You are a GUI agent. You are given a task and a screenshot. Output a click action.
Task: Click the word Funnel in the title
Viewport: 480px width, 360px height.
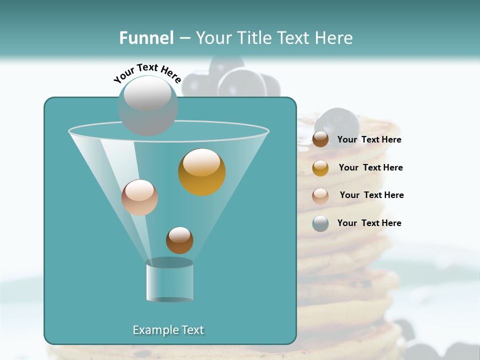pos(146,38)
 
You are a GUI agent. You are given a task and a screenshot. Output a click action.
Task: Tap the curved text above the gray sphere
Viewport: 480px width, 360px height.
pos(147,73)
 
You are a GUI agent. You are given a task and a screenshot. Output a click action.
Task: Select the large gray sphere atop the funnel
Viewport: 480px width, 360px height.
pos(147,105)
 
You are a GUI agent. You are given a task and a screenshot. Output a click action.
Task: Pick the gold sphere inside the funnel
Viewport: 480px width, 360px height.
pos(201,172)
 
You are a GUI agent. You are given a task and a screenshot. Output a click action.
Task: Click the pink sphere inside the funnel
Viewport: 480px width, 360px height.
pos(139,197)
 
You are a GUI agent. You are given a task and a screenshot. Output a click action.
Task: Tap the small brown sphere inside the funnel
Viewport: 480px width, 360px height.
pos(179,240)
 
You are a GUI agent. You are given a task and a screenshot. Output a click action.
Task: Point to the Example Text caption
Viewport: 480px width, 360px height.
pos(168,330)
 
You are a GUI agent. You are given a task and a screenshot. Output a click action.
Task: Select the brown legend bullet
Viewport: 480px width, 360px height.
pos(320,139)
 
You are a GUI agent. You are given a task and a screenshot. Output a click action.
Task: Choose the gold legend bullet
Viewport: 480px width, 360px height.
pos(320,168)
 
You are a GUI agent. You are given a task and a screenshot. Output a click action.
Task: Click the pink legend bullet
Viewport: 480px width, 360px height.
pos(320,195)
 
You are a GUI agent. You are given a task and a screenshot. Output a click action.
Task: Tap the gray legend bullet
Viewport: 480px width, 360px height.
pos(320,223)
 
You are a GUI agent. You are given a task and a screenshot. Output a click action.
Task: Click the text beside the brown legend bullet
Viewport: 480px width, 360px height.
pos(369,140)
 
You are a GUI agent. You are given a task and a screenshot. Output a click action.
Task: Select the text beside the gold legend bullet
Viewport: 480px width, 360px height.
pos(370,168)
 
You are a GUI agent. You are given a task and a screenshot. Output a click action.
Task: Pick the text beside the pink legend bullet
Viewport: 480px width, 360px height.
pos(371,195)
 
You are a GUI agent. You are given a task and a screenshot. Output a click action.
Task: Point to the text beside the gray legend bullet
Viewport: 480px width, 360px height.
pos(369,223)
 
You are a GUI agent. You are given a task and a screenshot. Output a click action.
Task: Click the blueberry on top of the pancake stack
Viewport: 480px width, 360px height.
pos(338,123)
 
